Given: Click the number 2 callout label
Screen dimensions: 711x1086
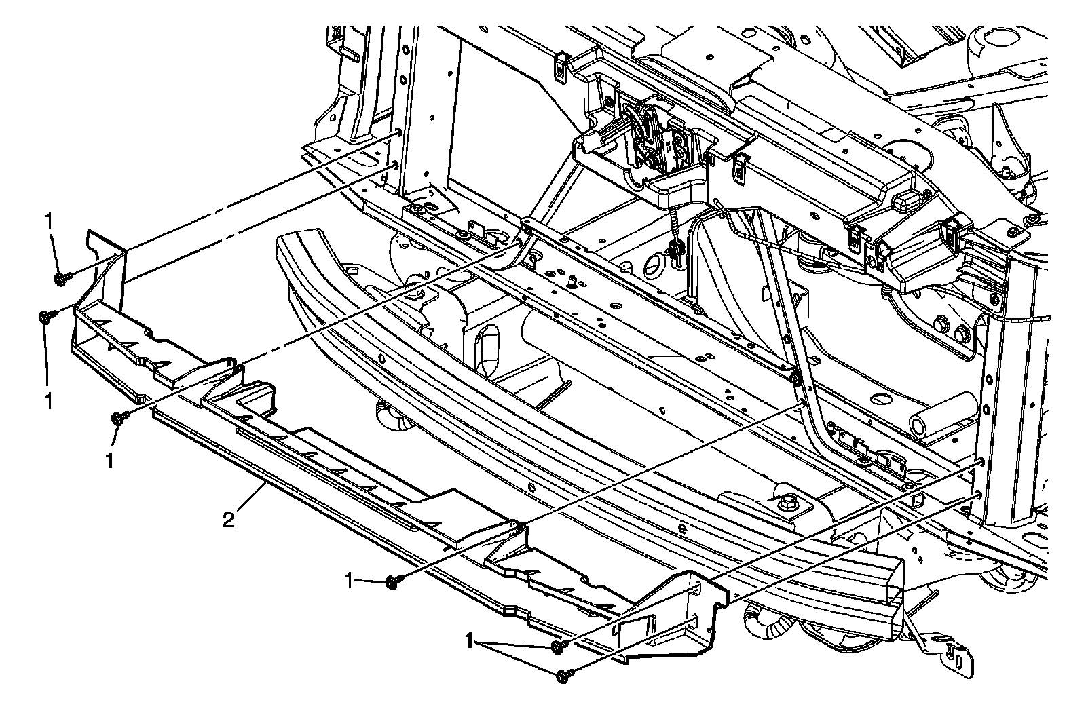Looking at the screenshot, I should pyautogui.click(x=229, y=520).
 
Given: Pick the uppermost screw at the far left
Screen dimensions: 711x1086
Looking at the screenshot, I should pyautogui.click(x=60, y=277).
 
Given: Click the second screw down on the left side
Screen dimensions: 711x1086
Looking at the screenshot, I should pyautogui.click(x=45, y=316).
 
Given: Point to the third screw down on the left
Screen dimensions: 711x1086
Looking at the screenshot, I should pyautogui.click(x=117, y=419).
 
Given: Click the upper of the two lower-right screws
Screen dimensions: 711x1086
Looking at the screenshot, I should pyautogui.click(x=557, y=647).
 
